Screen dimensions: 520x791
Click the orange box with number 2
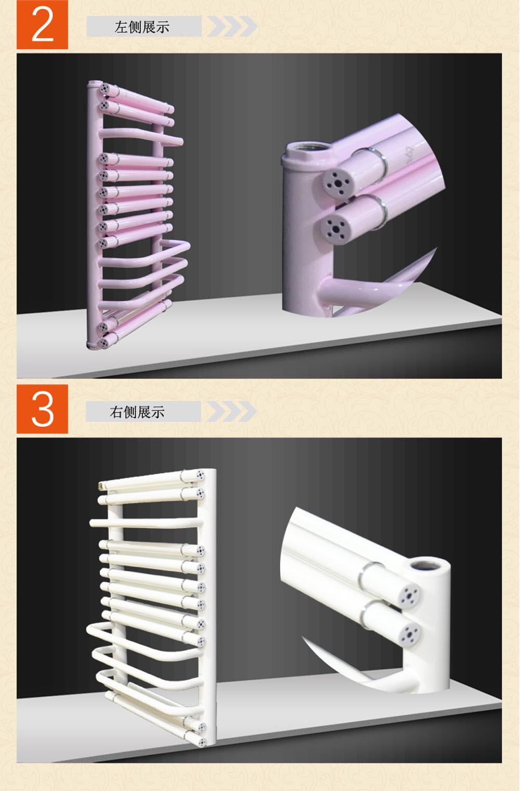[42, 24]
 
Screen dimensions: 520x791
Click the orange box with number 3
[42, 409]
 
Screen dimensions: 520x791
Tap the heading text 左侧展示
[142, 27]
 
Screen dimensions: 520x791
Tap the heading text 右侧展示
[137, 412]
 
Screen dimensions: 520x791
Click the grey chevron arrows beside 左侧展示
[232, 26]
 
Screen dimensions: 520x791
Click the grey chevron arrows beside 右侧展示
[231, 412]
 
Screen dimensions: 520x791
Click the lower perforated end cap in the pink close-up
[335, 229]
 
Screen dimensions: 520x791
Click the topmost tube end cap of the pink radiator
[103, 88]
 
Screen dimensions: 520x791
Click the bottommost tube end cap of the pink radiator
[103, 342]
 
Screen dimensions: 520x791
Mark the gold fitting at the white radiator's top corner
[101, 486]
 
